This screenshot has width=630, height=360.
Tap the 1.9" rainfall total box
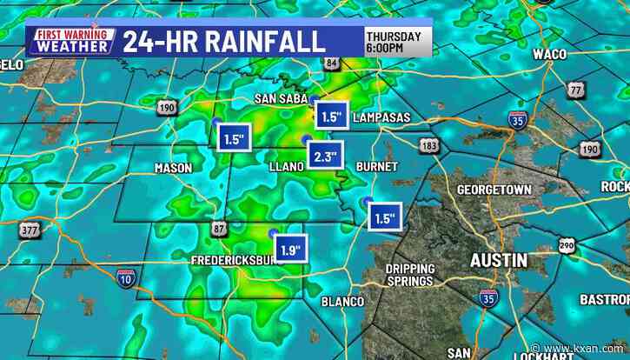click(x=290, y=250)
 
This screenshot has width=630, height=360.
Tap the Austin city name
click(x=498, y=260)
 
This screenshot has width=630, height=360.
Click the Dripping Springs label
click(x=409, y=275)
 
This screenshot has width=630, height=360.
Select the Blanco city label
click(x=342, y=301)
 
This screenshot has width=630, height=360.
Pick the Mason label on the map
click(x=172, y=168)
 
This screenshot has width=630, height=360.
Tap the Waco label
click(x=549, y=54)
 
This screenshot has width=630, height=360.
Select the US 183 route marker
click(x=428, y=146)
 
